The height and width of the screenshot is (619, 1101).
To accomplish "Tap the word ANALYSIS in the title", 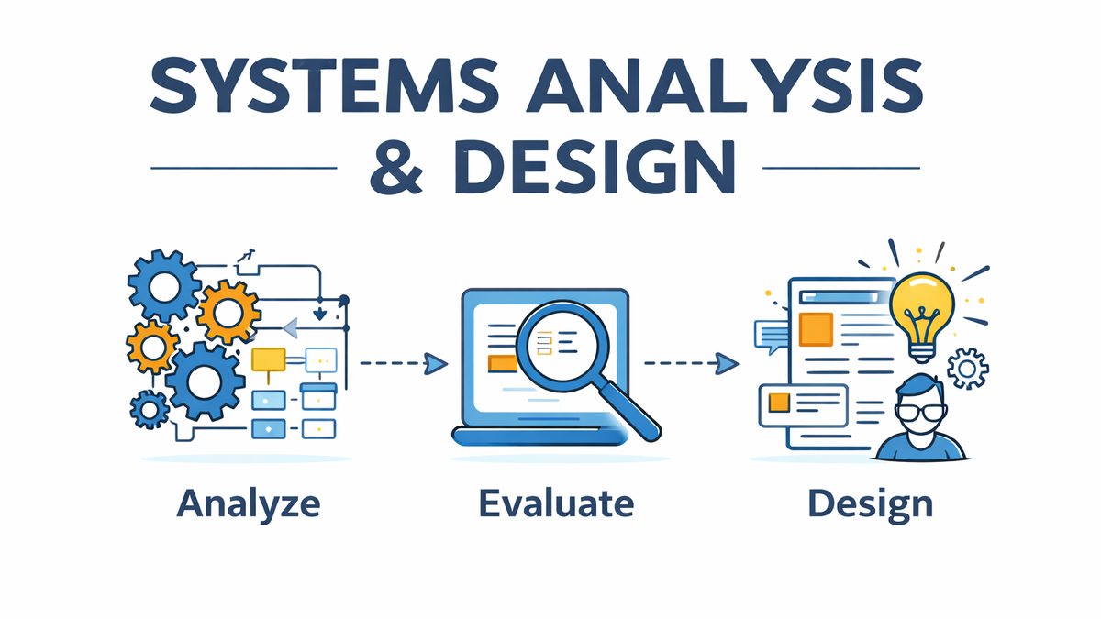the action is (x=725, y=85).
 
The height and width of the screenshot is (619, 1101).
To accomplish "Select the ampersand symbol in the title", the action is (x=396, y=167).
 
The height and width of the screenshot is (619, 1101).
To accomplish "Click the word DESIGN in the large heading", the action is (x=595, y=167).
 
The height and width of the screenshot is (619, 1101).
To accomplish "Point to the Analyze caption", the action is (x=249, y=504).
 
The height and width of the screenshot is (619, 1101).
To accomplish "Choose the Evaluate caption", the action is (x=556, y=503).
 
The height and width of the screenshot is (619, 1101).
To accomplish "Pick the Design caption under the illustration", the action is (x=870, y=505).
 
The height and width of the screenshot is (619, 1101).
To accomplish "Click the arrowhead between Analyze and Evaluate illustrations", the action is (x=436, y=363).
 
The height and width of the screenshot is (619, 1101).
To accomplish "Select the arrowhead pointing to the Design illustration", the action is (x=727, y=363).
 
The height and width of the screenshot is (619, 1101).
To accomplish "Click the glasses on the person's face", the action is (x=920, y=412).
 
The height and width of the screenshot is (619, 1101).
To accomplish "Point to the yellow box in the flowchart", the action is (x=268, y=359).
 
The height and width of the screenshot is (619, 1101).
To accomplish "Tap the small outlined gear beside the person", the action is (x=967, y=369).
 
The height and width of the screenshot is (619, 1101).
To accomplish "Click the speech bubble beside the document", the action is (x=771, y=336).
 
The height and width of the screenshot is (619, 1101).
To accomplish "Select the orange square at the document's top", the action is (x=816, y=329).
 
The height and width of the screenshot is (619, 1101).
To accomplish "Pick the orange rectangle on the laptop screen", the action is (x=503, y=363).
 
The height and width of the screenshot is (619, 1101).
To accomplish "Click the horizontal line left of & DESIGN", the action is (x=244, y=168).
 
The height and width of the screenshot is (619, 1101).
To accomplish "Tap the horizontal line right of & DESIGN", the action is (x=841, y=168).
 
